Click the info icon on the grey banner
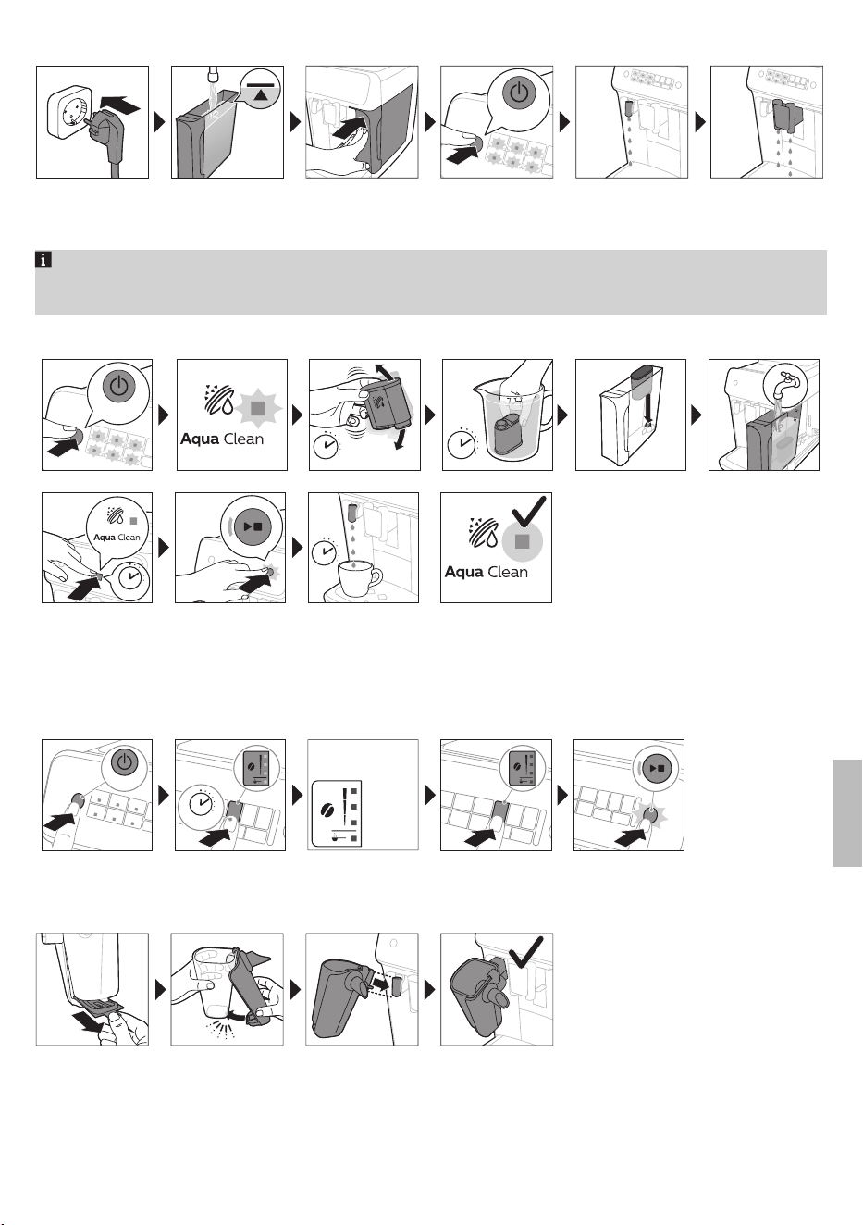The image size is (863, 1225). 43,259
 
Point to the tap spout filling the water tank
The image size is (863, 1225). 214,73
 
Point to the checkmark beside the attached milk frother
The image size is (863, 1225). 525,951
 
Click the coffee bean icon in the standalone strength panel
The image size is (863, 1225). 328,810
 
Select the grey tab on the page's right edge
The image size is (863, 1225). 847,812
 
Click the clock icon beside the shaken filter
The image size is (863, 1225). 327,446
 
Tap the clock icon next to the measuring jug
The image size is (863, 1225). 462,443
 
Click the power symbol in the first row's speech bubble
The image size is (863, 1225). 519,93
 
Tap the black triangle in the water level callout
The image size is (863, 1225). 262,94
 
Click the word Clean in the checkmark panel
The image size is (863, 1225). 508,573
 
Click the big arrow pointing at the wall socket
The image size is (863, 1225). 119,104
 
